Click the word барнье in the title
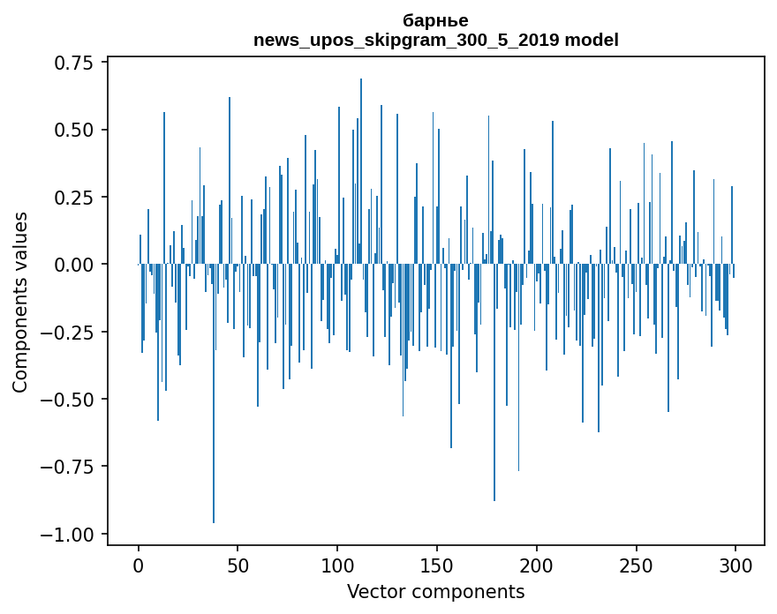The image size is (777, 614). click(435, 20)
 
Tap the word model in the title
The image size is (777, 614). click(592, 40)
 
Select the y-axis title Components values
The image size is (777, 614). click(20, 302)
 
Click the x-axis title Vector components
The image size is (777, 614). click(435, 592)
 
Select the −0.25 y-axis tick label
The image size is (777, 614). click(72, 333)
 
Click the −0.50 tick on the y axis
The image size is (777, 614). click(72, 400)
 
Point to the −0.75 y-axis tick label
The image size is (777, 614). click(72, 467)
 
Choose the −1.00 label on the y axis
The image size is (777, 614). click(72, 535)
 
